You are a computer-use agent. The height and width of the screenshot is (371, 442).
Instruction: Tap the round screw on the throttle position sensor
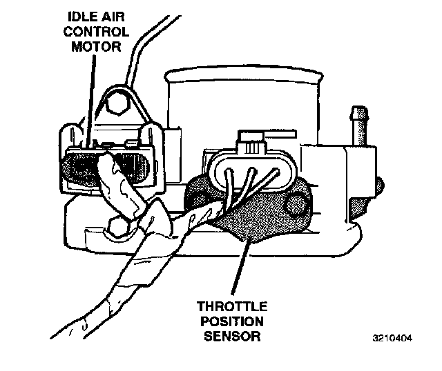tap(298, 203)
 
